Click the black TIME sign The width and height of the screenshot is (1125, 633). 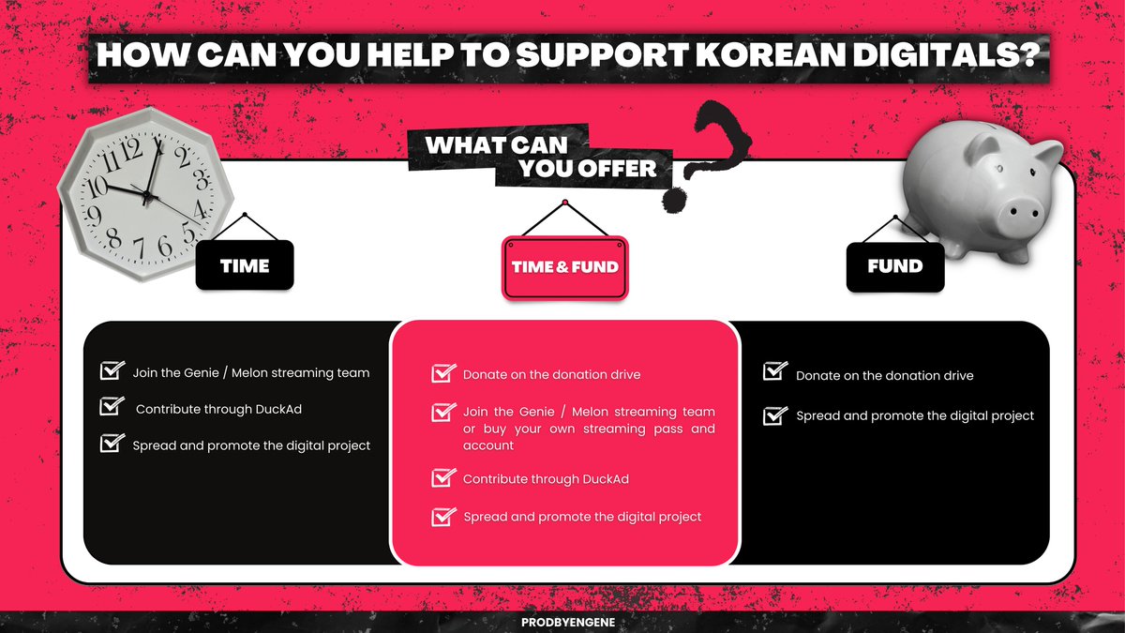click(245, 265)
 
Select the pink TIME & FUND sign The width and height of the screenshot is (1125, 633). click(564, 267)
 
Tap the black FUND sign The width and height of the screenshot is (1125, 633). click(894, 265)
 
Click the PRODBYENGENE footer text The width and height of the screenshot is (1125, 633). click(562, 622)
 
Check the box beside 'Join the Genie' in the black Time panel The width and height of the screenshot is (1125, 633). click(112, 371)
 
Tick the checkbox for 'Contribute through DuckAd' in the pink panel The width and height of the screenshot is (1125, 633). click(442, 478)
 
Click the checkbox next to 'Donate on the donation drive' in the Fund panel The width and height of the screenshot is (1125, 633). click(774, 373)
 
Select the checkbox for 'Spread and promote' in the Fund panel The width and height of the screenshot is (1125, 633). click(774, 414)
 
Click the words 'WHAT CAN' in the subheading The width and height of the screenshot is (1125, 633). click(495, 145)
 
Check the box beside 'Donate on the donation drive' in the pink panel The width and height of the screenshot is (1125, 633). click(442, 373)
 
